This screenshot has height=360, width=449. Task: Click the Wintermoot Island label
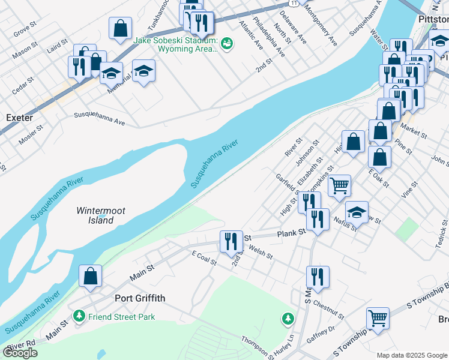pyautogui.click(x=95, y=215)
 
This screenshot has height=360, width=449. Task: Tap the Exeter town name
pyautogui.click(x=19, y=118)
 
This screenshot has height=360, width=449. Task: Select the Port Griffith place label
pyautogui.click(x=140, y=298)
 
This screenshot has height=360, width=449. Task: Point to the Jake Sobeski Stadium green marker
pyautogui.click(x=227, y=43)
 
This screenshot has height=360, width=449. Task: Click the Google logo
pyautogui.click(x=20, y=353)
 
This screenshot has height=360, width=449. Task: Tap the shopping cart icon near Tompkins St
pyautogui.click(x=339, y=185)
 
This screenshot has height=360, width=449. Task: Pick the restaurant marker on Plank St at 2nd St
pyautogui.click(x=231, y=241)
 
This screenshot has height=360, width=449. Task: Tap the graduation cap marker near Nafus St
pyautogui.click(x=357, y=212)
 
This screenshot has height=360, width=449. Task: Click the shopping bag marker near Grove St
pyautogui.click(x=120, y=27)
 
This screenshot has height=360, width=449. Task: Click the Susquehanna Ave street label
pyautogui.click(x=99, y=118)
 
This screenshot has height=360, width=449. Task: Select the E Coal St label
pyautogui.click(x=203, y=258)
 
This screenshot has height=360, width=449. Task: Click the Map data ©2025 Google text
pyautogui.click(x=412, y=355)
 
